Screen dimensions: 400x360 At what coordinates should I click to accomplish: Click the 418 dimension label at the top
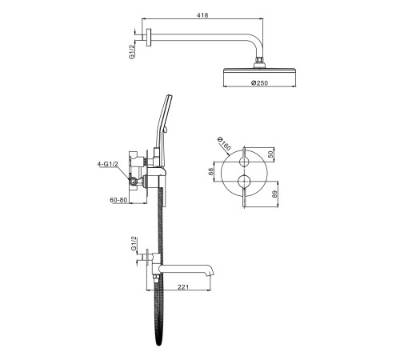(202, 15)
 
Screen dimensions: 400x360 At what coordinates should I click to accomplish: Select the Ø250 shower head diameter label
(259, 83)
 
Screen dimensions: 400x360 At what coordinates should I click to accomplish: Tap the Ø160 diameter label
(224, 144)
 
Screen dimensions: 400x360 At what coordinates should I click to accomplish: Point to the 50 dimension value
(270, 154)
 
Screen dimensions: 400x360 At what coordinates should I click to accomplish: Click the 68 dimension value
(210, 171)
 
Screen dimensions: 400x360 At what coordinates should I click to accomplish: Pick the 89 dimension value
(275, 194)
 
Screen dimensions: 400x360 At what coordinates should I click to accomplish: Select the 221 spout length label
(183, 286)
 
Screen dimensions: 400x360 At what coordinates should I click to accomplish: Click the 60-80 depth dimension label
(118, 200)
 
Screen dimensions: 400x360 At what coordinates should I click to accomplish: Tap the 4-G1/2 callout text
(107, 164)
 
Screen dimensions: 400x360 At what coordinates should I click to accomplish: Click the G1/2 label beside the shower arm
(132, 52)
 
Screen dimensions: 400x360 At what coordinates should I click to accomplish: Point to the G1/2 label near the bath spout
(134, 243)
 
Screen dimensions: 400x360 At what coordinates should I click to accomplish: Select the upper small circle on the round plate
(244, 162)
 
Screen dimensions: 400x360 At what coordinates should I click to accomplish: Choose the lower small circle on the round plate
(244, 181)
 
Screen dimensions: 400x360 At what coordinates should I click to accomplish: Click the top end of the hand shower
(169, 96)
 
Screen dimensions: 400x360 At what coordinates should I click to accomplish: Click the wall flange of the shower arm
(149, 38)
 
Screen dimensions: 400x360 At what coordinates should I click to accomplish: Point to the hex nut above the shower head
(259, 59)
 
